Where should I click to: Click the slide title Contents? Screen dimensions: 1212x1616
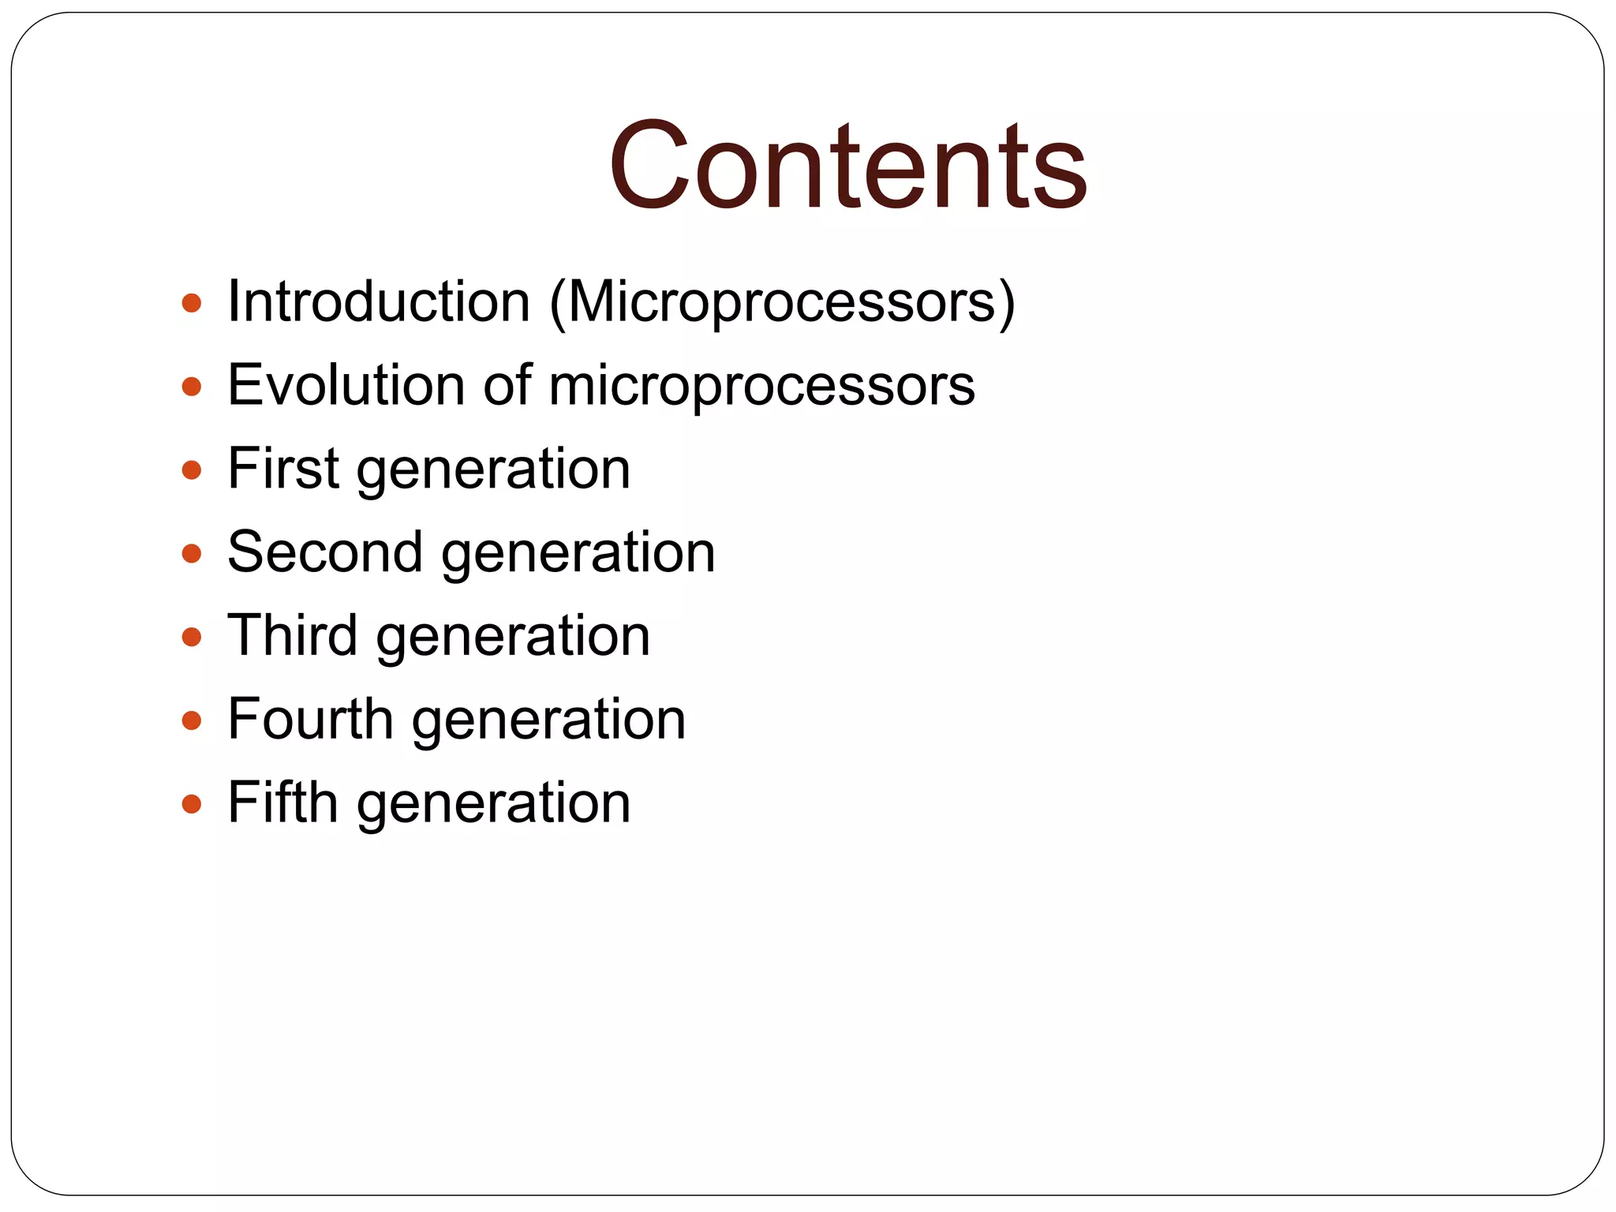(x=847, y=166)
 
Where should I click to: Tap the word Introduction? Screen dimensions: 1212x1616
(x=379, y=302)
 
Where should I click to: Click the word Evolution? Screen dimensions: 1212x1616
(x=346, y=386)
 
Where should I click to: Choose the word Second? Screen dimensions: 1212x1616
(x=324, y=552)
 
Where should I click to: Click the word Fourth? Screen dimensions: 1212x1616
(x=310, y=720)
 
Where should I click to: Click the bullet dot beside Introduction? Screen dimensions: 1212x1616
(x=192, y=304)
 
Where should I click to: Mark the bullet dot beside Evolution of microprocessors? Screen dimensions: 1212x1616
(x=192, y=387)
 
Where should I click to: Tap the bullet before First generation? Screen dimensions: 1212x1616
(x=192, y=471)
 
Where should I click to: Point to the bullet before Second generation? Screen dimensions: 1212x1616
(x=192, y=554)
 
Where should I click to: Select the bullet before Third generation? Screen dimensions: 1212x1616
(x=192, y=638)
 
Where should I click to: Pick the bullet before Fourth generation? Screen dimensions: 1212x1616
(x=192, y=721)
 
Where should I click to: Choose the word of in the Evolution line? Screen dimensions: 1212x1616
(x=507, y=386)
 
